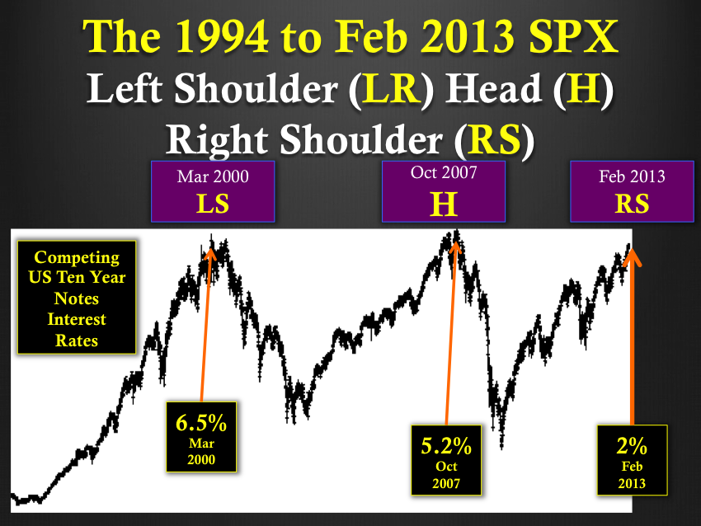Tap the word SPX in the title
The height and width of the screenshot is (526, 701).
[x=573, y=36]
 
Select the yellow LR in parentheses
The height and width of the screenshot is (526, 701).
[x=391, y=88]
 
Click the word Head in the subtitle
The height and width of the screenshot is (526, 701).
[x=495, y=88]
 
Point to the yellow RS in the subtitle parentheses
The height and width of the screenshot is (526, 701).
[x=496, y=139]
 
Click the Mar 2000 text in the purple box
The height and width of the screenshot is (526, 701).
[x=213, y=176]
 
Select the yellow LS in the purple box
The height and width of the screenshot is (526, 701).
[x=213, y=204]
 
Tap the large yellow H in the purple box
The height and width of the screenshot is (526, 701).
[x=444, y=204]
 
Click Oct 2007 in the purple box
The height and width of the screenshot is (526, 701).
[x=444, y=172]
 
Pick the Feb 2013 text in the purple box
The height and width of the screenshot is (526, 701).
[x=632, y=176]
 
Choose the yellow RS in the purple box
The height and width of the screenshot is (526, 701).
[x=632, y=204]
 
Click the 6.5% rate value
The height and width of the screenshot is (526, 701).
[x=201, y=423]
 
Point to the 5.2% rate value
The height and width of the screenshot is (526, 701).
[x=446, y=446]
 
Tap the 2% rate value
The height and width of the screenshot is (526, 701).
[x=632, y=446]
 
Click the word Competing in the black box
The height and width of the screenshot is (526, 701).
[x=77, y=258]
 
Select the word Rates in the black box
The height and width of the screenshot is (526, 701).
[x=77, y=340]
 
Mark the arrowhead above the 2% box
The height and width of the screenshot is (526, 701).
[x=632, y=257]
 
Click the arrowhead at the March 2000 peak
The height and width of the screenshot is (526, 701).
[x=210, y=252]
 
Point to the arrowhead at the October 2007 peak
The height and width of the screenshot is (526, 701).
[x=455, y=248]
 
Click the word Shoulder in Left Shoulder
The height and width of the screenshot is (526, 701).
[x=256, y=88]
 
